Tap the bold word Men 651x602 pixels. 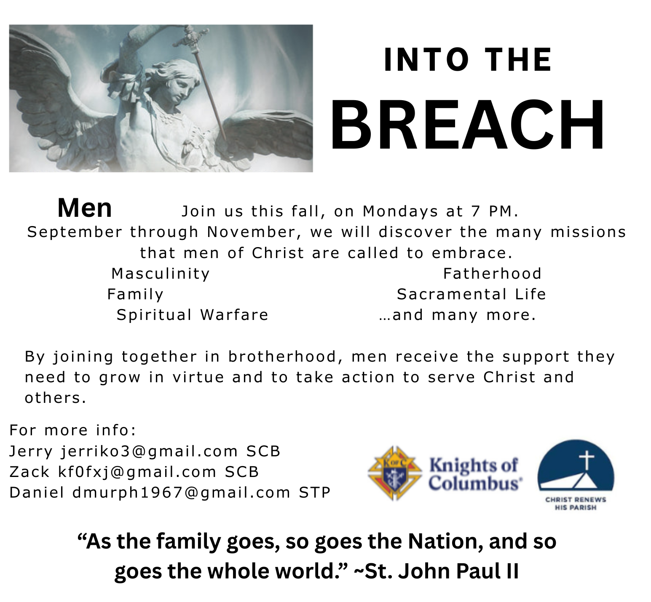pos(85,208)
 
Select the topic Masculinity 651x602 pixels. pos(161,274)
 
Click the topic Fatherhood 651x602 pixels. pos(492,274)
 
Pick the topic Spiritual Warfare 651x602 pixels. pos(192,315)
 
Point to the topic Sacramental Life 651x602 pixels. pos(471,294)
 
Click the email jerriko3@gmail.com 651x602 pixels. pos(150,451)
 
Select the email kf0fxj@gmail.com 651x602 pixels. pos(137,472)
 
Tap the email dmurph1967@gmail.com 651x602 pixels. pos(182,493)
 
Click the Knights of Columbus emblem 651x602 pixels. pos(395,474)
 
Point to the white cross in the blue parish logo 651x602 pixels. pos(586,461)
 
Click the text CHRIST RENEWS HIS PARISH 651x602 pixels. pos(576,503)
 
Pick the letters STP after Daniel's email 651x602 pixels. pos(315,493)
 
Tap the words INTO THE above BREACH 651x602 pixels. pos(468,60)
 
